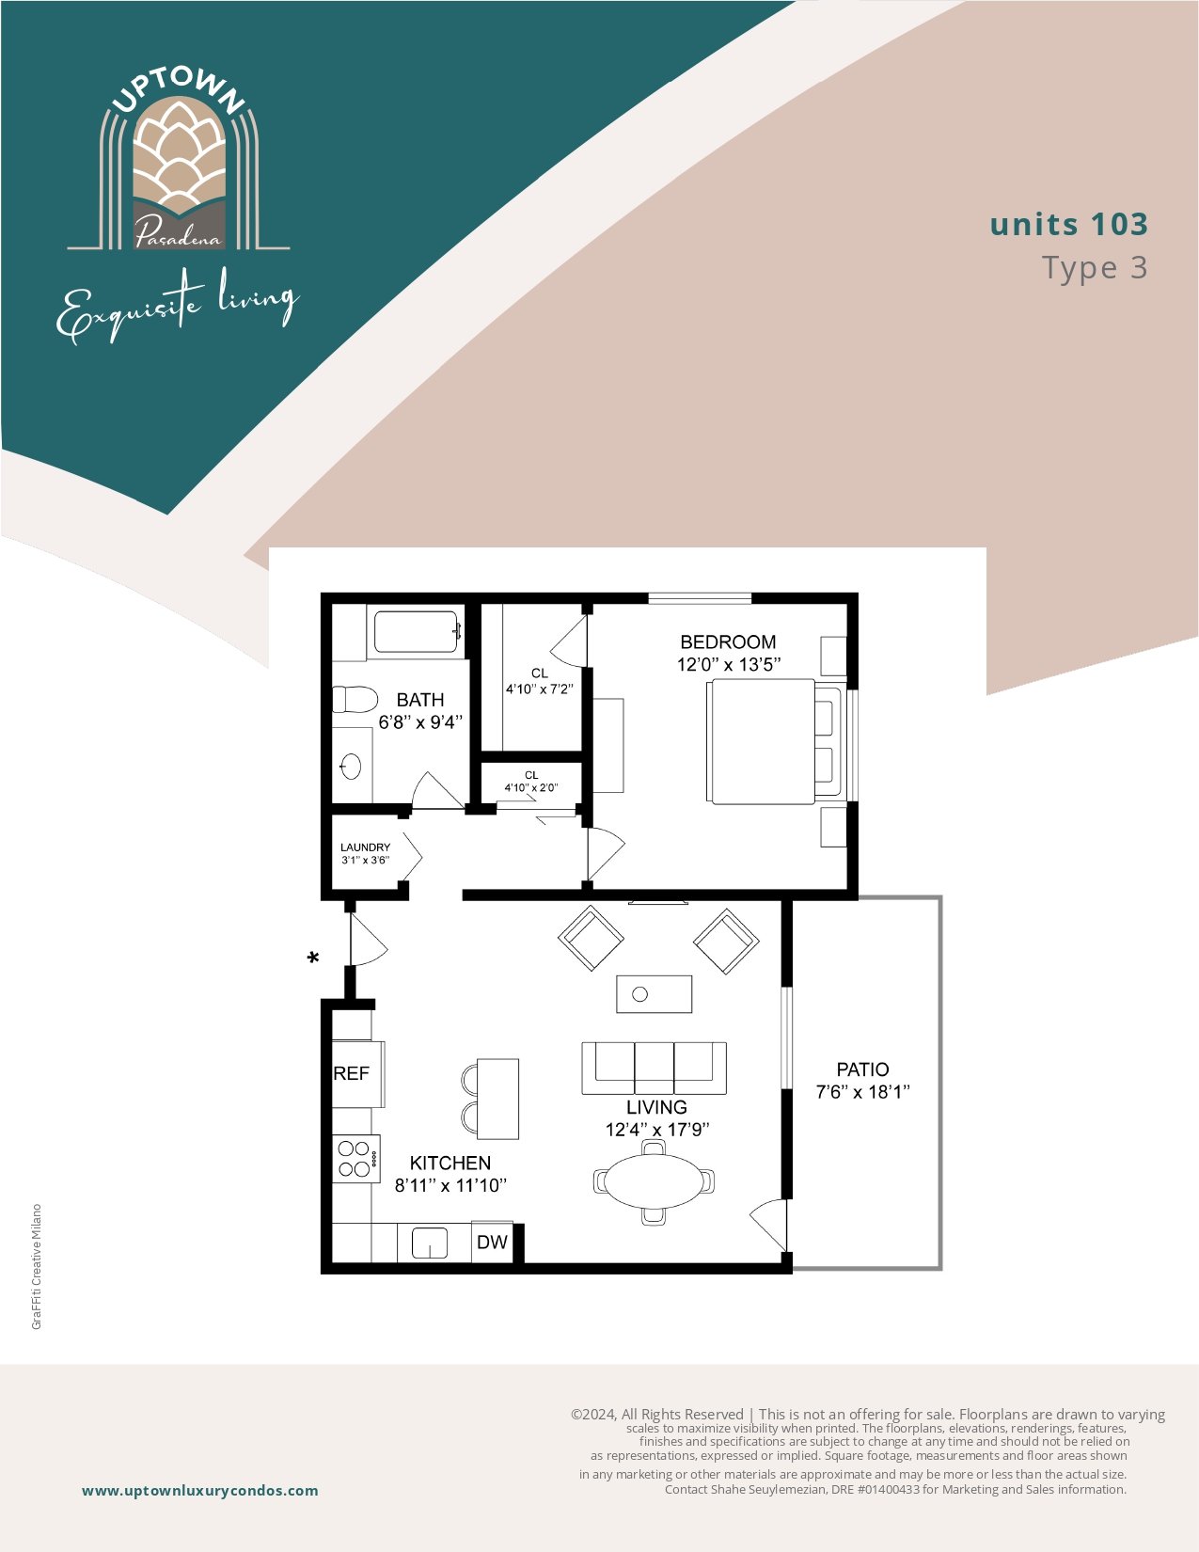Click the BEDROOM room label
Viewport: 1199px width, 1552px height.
728,641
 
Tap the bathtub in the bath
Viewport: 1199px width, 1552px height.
416,631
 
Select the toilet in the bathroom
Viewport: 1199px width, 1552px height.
355,699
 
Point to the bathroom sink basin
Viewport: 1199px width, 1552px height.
351,767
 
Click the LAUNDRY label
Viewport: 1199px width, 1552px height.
365,847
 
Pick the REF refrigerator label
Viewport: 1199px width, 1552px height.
352,1073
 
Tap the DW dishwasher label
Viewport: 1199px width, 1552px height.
492,1242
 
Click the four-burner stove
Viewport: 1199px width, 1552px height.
355,1159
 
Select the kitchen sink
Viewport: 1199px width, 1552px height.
430,1243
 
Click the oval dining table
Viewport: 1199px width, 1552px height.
654,1182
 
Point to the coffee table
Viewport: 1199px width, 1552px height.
655,994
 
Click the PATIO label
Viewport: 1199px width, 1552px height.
862,1069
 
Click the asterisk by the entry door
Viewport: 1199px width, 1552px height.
313,958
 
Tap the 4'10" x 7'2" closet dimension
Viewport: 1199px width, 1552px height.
539,689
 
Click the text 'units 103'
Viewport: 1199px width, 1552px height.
1069,224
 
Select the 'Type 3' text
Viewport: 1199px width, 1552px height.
1095,268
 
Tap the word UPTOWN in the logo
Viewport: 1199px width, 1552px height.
179,91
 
